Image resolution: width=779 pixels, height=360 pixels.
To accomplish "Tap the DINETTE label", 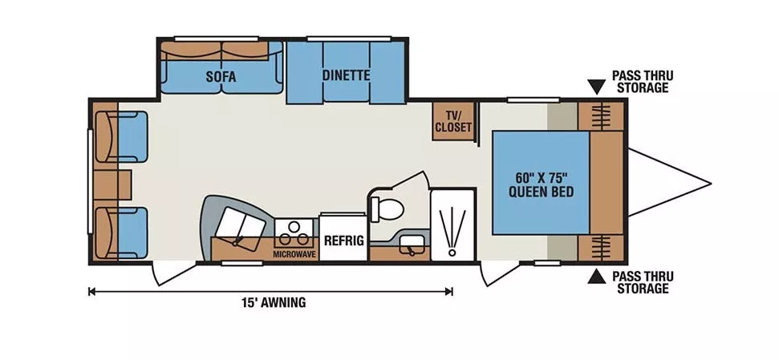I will point(346,75).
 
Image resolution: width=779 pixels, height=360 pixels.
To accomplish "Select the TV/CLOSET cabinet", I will point(452,121).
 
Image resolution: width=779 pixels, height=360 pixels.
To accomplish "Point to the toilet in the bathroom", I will point(387,208).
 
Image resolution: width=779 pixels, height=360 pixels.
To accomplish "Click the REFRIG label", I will point(344,241).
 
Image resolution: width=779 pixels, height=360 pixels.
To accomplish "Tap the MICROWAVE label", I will point(294,253).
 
